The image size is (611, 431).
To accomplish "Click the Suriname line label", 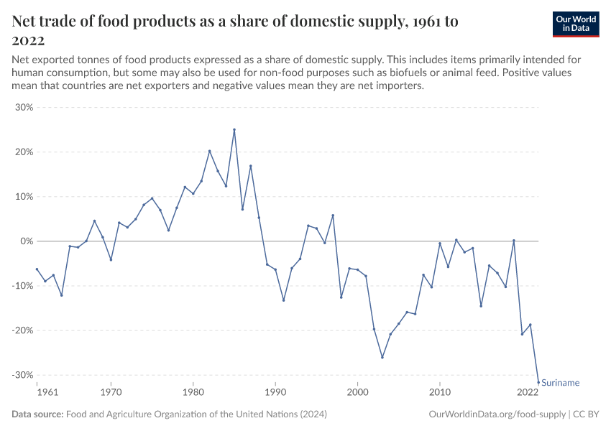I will click(x=560, y=383).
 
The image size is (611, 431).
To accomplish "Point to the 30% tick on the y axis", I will click(x=24, y=108).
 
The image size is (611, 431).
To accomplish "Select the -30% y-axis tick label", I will click(x=23, y=375).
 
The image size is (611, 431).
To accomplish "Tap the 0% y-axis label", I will click(x=27, y=241).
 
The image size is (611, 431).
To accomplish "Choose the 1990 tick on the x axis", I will click(x=275, y=392).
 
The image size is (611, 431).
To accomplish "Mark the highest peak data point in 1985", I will click(x=234, y=130).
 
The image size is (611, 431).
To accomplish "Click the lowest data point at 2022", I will click(x=538, y=382).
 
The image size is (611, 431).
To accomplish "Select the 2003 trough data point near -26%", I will click(x=382, y=357).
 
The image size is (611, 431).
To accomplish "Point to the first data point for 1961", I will click(x=37, y=269).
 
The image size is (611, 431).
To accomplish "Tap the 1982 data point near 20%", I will click(x=209, y=151).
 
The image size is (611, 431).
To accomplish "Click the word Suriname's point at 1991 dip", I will click(x=283, y=300).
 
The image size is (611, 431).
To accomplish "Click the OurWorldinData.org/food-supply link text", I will click(x=497, y=414).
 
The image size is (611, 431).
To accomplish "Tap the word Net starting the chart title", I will click(x=26, y=22).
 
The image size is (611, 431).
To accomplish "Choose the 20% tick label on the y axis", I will click(x=24, y=152).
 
